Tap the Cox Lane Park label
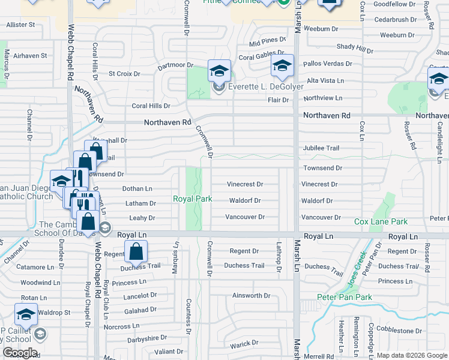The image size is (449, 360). pos(381,221)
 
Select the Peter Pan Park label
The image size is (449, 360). pos(345,297)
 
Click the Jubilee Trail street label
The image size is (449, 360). pos(321,148)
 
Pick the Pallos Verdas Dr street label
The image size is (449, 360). pos(328,63)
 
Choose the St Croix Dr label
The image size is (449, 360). pos(124,74)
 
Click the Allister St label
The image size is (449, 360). pos(20,25)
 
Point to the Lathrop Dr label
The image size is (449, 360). pos(279,256)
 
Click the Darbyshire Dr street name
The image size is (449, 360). pos(147,338)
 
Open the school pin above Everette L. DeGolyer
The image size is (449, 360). pos(219,71)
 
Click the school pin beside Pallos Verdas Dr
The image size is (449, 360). pos(282,65)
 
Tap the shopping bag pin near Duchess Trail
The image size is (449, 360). pos(136,252)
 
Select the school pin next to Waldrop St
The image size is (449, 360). pos(26,314)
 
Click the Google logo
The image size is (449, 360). pos(20,353)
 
